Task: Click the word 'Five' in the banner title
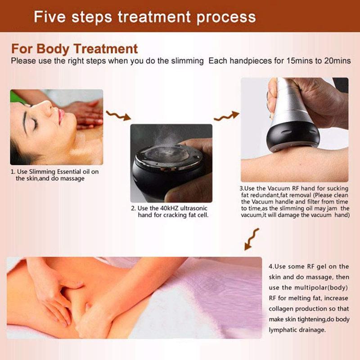[x=49, y=17]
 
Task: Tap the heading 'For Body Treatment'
[x=74, y=49]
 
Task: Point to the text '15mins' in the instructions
[x=299, y=61]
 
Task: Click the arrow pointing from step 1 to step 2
[x=118, y=116]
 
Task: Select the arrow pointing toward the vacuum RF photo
[x=227, y=116]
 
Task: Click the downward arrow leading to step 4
[x=252, y=239]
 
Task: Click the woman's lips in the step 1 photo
[x=61, y=117]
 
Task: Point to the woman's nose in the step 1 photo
[x=48, y=106]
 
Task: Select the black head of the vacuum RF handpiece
[x=293, y=135]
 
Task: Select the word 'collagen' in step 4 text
[x=281, y=309]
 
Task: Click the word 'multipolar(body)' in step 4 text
[x=321, y=288]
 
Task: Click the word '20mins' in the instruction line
[x=337, y=61]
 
